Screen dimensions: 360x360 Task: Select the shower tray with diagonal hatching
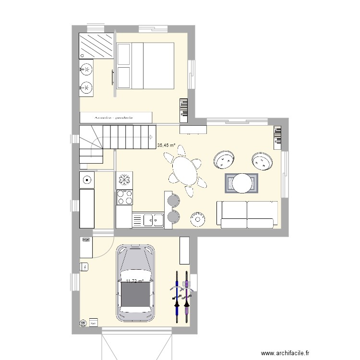pyautogui.click(x=96, y=46)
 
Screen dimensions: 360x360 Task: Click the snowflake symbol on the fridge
pyautogui.click(x=124, y=180)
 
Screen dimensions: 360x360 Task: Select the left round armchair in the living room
pyautogui.click(x=224, y=160)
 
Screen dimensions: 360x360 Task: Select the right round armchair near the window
pyautogui.click(x=261, y=162)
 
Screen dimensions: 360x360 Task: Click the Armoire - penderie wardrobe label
pyautogui.click(x=115, y=117)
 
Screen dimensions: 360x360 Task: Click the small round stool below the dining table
pyautogui.click(x=197, y=219)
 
